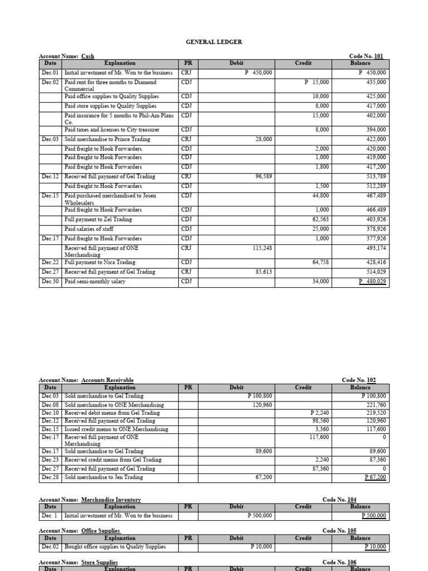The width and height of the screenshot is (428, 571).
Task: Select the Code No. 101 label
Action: (366, 56)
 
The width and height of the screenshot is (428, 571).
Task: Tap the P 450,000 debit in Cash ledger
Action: (258, 73)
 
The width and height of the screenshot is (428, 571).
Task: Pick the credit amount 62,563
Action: (321, 220)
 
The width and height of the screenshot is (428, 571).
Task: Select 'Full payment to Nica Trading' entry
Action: (100, 262)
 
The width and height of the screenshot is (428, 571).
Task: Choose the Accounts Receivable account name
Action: (107, 380)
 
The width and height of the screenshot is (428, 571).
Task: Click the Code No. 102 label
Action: (359, 380)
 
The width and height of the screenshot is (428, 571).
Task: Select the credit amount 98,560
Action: (320, 421)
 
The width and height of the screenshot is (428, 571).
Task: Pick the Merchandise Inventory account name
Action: (111, 500)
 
